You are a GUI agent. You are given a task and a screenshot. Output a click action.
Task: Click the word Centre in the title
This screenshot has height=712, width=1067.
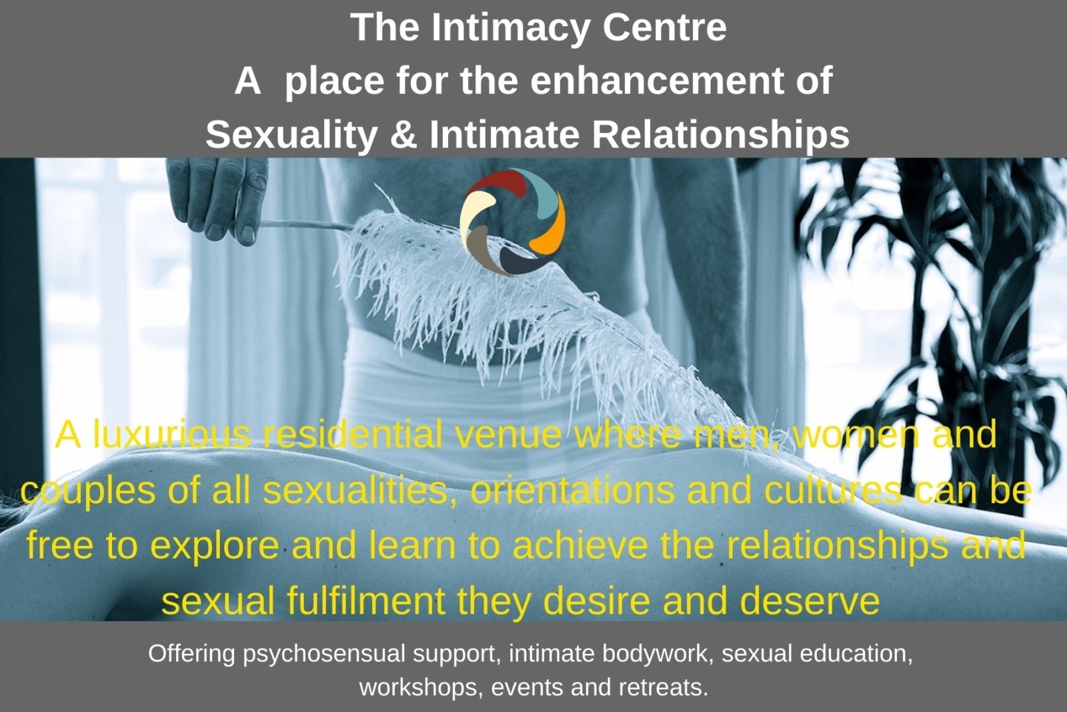click(x=664, y=27)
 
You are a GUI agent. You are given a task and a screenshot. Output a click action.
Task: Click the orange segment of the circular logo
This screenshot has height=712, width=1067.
click(x=550, y=224)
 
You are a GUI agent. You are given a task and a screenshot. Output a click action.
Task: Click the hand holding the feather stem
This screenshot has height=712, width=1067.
click(x=217, y=198)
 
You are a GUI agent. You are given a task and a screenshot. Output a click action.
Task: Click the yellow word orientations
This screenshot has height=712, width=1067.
click(x=572, y=491)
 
